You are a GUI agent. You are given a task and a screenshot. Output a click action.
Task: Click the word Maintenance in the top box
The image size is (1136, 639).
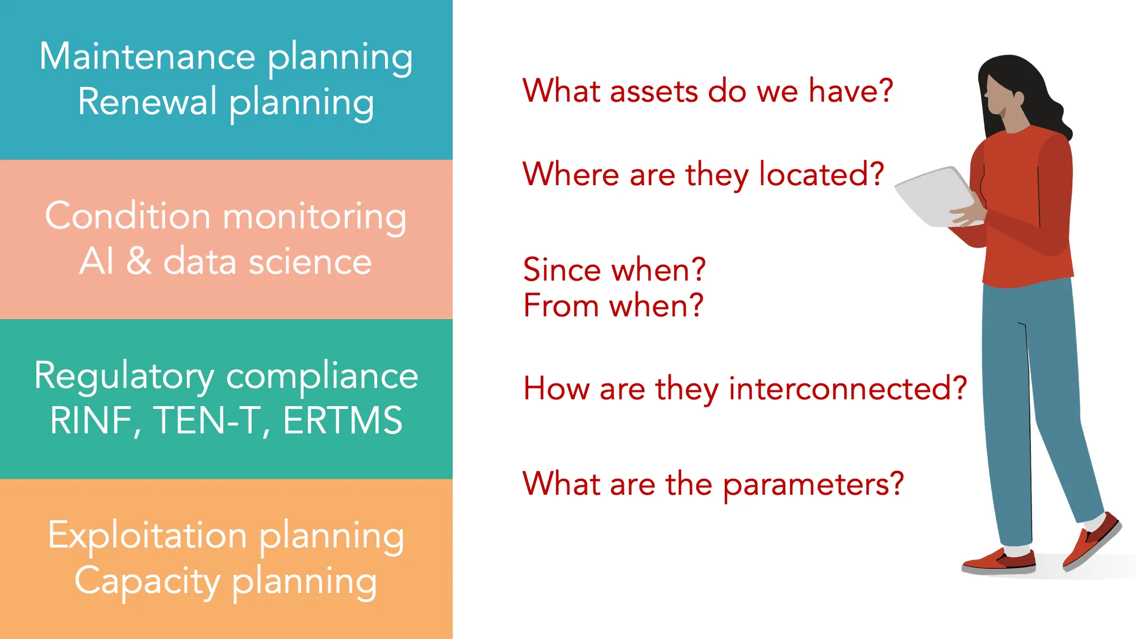pos(147,57)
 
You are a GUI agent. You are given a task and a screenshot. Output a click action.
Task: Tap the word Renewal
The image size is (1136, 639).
pos(147,102)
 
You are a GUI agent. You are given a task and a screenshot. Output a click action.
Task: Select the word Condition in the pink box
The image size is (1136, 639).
pos(128,216)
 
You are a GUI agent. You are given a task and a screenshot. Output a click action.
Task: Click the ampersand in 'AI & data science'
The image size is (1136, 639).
pos(139,262)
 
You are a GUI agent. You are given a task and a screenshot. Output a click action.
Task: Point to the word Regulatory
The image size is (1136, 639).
pos(124,376)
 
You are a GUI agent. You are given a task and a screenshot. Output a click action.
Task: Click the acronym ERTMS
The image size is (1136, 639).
pos(343,421)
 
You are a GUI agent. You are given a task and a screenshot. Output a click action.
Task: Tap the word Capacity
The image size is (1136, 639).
pos(147,581)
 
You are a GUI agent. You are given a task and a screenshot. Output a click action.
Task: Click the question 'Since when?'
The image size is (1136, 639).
pos(614,269)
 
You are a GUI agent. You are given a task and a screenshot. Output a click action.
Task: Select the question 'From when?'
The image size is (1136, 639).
pos(613,306)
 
